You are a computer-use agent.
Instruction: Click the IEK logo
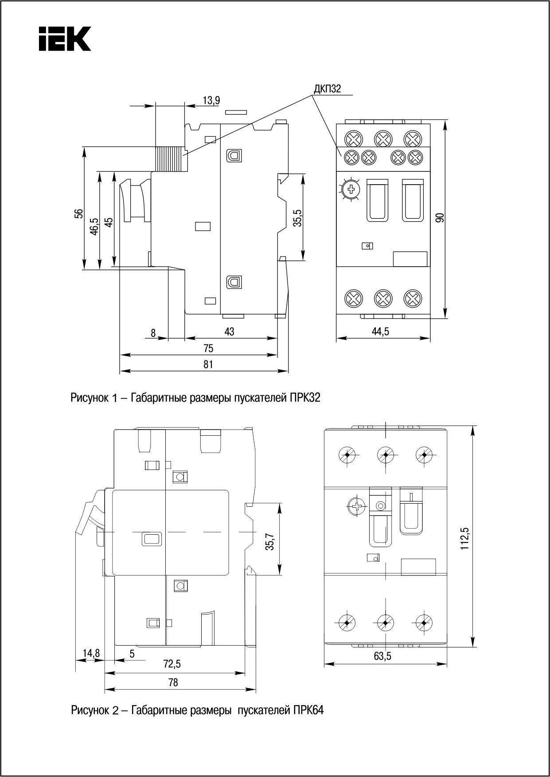tap(65, 39)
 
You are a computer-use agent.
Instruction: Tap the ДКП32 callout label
tap(327, 89)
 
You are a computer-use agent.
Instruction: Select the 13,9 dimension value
tap(211, 100)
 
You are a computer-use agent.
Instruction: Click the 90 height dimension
tap(440, 218)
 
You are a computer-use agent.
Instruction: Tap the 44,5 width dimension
tap(380, 331)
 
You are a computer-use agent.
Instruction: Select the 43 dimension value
tap(229, 331)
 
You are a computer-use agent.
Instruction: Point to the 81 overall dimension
tap(208, 364)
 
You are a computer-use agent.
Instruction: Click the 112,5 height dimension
tap(464, 539)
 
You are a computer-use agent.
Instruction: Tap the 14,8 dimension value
tap(92, 653)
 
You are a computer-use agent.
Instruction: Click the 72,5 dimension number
tap(172, 664)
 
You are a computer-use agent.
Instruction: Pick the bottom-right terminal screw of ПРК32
tap(413, 297)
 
